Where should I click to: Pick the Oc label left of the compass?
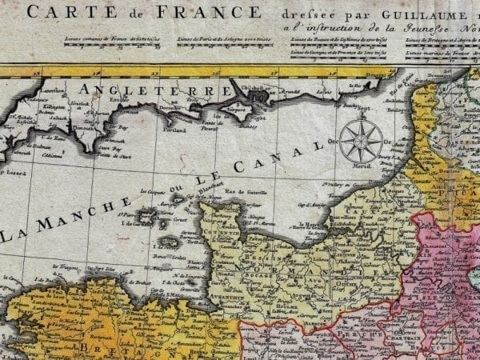334,140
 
